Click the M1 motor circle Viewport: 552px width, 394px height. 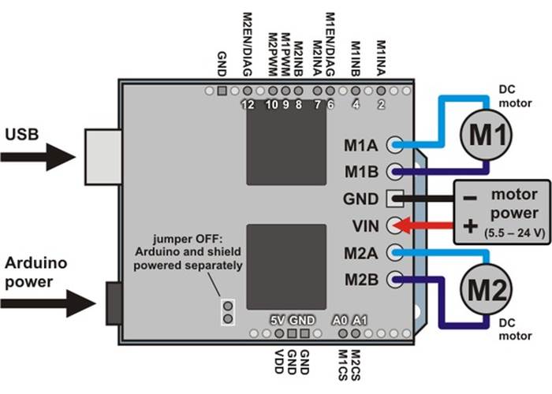point(487,135)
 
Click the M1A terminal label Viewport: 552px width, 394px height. point(361,144)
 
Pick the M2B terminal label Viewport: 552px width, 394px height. point(361,279)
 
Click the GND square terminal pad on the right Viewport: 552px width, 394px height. point(395,198)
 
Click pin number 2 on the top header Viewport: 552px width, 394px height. point(381,104)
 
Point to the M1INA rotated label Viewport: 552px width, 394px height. point(382,58)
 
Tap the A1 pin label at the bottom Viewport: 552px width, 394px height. point(360,321)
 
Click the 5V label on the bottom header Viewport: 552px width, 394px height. point(277,321)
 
